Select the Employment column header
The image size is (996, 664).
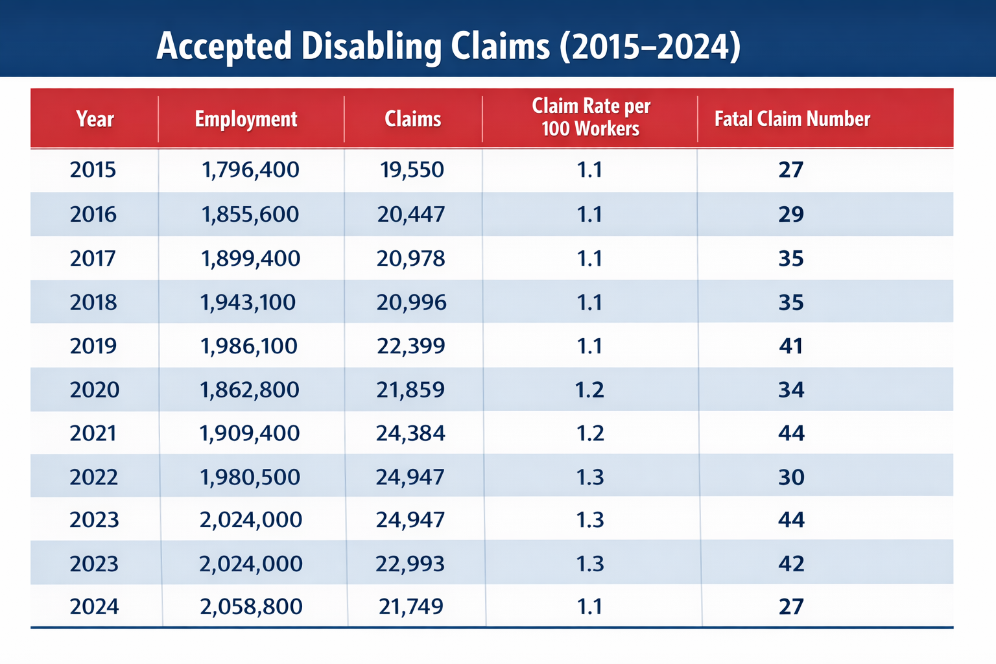[x=246, y=119]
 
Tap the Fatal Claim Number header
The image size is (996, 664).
[x=792, y=119]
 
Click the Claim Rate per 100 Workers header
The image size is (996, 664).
[x=590, y=117]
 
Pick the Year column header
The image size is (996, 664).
[x=95, y=119]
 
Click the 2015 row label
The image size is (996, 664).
[x=93, y=170]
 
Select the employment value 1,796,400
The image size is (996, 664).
[x=250, y=170]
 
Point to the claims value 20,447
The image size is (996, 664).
[x=411, y=214]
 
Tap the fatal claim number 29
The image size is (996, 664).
[x=791, y=214]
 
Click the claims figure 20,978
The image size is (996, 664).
[x=411, y=259]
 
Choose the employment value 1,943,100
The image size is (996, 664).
[x=248, y=302]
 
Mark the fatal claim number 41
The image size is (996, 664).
[x=791, y=346]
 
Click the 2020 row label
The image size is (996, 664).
[x=95, y=390]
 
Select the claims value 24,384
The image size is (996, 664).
[x=411, y=433]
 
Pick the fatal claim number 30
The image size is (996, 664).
[x=791, y=477]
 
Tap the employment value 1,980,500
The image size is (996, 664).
[x=250, y=477]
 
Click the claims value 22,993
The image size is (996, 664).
[x=410, y=563]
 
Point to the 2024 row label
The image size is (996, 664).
[x=95, y=607]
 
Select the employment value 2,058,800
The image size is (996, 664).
[x=251, y=607]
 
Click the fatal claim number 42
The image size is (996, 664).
[x=791, y=563]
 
